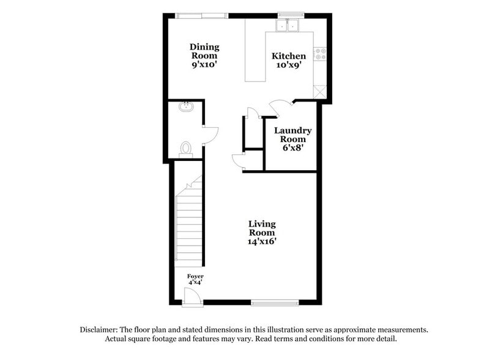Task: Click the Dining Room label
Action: pyautogui.click(x=204, y=51)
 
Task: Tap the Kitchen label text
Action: pyautogui.click(x=289, y=56)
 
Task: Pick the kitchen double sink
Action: pyautogui.click(x=286, y=26)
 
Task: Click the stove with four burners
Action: pyautogui.click(x=321, y=54)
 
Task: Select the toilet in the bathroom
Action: pyautogui.click(x=186, y=148)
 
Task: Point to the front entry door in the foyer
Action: pyautogui.click(x=192, y=297)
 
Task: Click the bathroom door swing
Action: pyautogui.click(x=209, y=135)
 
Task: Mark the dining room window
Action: pyautogui.click(x=202, y=15)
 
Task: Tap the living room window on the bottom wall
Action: pyautogui.click(x=275, y=302)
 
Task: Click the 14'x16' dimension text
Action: pyautogui.click(x=262, y=241)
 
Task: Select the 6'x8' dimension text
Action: pyautogui.click(x=292, y=148)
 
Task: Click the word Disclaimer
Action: pyautogui.click(x=101, y=329)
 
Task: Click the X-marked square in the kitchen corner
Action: pyautogui.click(x=320, y=92)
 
